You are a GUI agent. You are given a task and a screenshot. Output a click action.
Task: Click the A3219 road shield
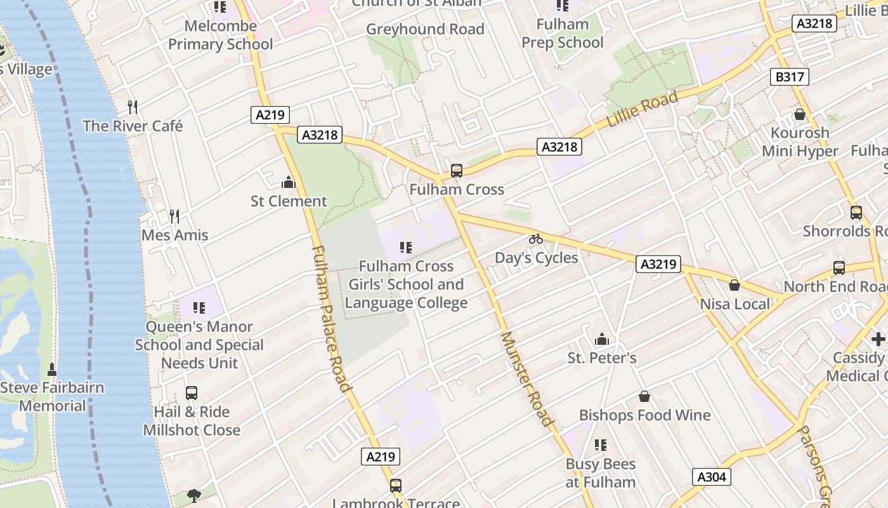[658, 264]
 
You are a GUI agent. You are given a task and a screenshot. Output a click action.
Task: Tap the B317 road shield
[790, 77]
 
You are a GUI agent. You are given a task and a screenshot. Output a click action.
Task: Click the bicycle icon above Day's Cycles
[536, 239]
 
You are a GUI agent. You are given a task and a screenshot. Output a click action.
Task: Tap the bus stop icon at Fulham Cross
[456, 170]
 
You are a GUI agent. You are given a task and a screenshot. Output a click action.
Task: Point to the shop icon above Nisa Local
[735, 285]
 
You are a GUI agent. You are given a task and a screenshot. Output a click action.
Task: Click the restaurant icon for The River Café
[133, 107]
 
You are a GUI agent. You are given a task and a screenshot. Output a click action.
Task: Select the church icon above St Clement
[289, 183]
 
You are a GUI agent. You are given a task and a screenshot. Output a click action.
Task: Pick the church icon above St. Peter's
[601, 339]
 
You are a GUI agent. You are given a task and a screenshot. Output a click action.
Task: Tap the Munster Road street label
[526, 378]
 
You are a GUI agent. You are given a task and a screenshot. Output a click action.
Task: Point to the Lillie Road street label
[643, 110]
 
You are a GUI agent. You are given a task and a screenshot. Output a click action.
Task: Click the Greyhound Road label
[425, 29]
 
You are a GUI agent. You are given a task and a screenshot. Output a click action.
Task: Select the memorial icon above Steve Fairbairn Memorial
[52, 369]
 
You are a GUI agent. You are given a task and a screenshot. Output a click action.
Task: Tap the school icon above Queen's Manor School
[199, 308]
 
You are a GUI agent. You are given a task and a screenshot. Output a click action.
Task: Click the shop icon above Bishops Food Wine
[644, 396]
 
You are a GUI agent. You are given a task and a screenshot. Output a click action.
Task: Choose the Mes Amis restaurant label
[174, 235]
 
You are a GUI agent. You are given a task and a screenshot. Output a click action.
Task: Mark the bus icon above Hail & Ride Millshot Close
[191, 393]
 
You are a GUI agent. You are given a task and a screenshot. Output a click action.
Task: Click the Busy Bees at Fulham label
[601, 473]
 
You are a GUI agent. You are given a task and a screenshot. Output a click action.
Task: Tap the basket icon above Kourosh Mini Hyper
[799, 114]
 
